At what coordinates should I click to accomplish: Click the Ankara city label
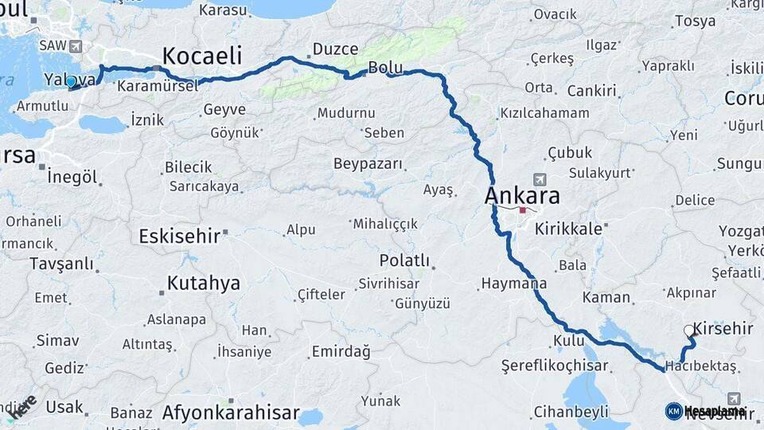coord(523,196)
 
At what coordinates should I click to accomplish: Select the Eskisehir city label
coord(180,236)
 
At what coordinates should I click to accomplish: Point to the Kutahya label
coord(204,283)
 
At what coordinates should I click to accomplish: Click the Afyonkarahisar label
coord(231,413)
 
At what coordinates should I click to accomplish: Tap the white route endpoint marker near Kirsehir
coord(689,330)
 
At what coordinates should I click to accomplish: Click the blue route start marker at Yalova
coord(71,81)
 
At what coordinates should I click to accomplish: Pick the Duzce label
coord(335,49)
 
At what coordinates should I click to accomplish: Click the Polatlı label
coord(404,260)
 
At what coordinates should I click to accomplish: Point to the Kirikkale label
coord(568,228)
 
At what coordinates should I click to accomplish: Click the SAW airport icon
coord(76,45)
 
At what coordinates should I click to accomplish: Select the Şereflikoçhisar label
coord(555,366)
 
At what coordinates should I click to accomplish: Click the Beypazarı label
coord(368,164)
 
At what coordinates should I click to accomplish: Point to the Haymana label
coord(514,283)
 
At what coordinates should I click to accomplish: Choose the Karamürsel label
coord(158,85)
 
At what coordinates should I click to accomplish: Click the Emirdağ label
coord(341,351)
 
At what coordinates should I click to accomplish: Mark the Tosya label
coord(695,21)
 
